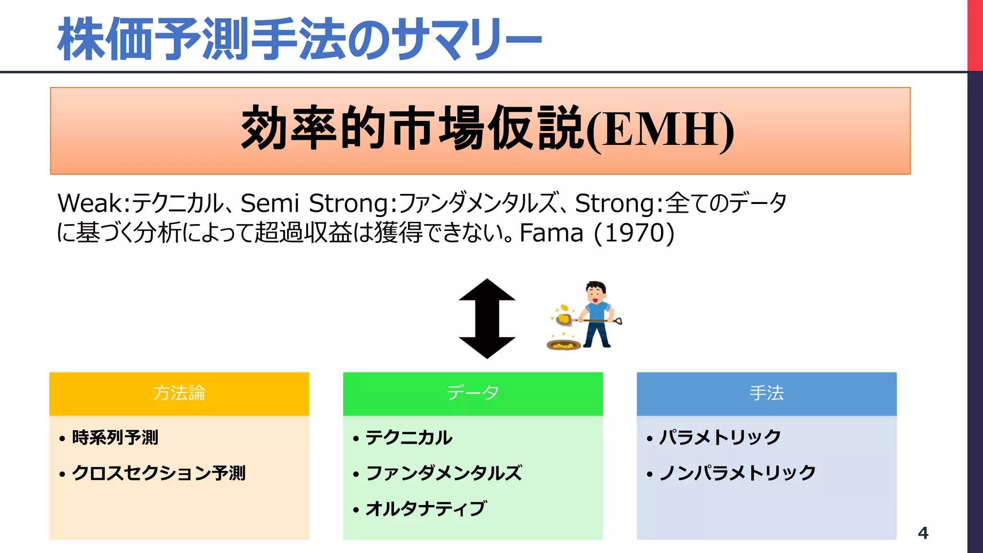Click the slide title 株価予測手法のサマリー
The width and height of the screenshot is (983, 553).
click(x=300, y=38)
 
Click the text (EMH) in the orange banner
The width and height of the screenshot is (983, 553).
click(x=660, y=130)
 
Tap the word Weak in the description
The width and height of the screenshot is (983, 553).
click(x=90, y=203)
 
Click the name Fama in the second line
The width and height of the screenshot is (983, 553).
click(x=551, y=233)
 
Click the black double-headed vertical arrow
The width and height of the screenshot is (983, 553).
click(x=487, y=319)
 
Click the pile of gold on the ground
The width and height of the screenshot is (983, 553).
click(x=563, y=344)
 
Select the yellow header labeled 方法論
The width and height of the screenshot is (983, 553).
click(x=179, y=393)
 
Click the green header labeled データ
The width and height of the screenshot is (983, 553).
click(x=473, y=393)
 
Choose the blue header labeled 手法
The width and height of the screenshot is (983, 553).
click(x=767, y=393)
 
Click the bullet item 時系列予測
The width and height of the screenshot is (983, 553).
click(x=115, y=437)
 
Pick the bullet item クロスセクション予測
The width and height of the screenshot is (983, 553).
click(x=158, y=473)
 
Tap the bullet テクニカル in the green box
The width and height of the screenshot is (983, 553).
click(x=409, y=437)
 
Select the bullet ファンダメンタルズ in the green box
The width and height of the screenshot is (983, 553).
click(x=444, y=473)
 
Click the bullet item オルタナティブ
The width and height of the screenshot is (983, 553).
click(x=426, y=508)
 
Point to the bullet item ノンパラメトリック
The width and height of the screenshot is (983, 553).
click(x=737, y=473)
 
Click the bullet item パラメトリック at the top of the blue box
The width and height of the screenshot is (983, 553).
click(x=720, y=437)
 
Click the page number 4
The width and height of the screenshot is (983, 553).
click(x=923, y=533)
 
